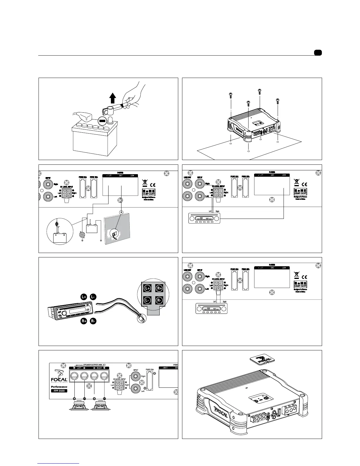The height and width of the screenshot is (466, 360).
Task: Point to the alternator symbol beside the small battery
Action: (82, 235)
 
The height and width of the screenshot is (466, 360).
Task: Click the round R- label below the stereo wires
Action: (93, 321)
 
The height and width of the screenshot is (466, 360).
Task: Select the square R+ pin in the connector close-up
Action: (159, 288)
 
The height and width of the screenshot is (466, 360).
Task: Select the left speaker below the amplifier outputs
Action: (79, 407)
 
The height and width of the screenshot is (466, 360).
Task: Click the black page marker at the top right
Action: (318, 53)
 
